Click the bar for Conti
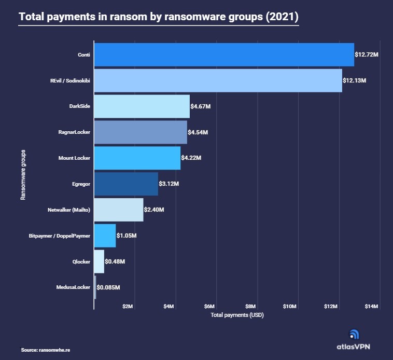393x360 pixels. tap(223, 54)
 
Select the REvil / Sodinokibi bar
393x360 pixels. tap(218, 80)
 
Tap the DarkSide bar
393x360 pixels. tap(142, 106)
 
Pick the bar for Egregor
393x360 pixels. tap(125, 184)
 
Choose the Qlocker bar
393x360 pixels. tap(99, 261)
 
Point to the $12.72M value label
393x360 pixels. tap(367, 54)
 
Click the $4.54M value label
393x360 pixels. tap(199, 132)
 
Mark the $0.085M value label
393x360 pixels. tap(109, 287)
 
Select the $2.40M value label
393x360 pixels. tap(155, 210)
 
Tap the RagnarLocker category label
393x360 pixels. tap(74, 132)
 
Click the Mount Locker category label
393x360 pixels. tap(74, 158)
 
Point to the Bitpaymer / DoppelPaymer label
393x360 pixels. tap(60, 236)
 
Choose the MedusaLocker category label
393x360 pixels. tap(73, 287)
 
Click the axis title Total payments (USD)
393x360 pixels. tap(234, 315)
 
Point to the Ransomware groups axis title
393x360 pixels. tap(23, 175)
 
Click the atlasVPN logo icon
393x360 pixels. tap(355, 335)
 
